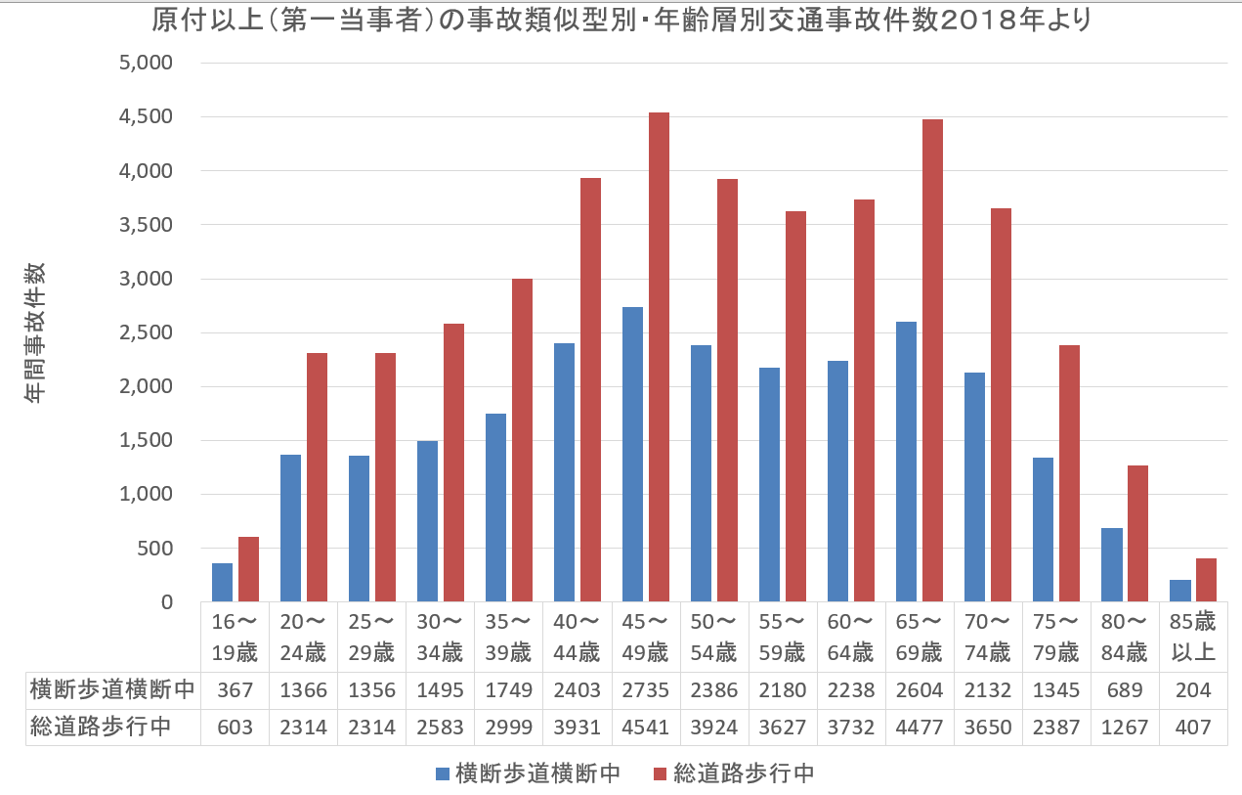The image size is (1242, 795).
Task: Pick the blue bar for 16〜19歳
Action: (x=223, y=582)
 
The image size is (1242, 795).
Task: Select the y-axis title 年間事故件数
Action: (x=35, y=333)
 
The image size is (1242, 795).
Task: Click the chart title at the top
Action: (x=621, y=21)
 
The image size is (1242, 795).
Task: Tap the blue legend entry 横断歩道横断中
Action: (x=528, y=774)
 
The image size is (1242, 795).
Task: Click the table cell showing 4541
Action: (x=645, y=728)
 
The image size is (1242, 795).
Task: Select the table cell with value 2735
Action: (x=645, y=690)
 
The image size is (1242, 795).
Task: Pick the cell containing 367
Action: (x=235, y=690)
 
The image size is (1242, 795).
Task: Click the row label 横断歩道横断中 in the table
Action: (x=112, y=690)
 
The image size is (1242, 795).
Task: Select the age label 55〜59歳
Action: (x=782, y=638)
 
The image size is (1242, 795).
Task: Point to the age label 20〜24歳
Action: (x=303, y=638)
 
